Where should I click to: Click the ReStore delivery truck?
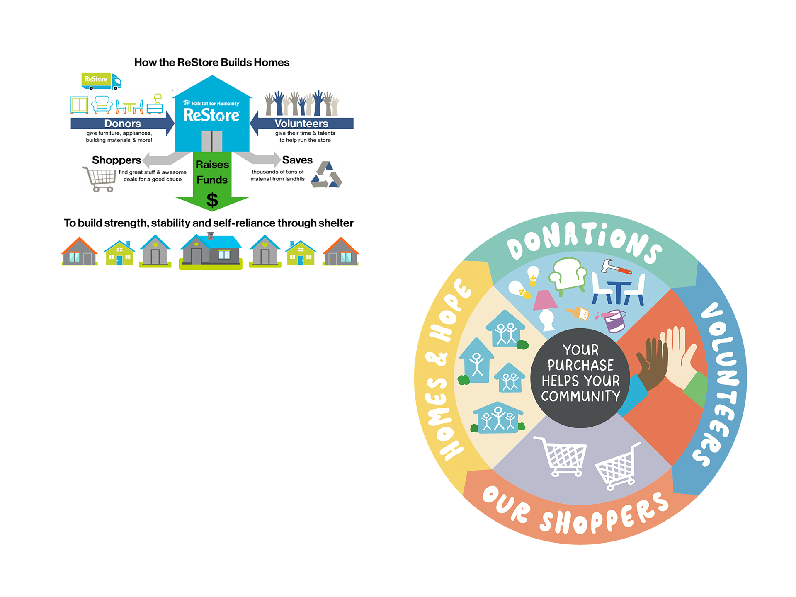101,81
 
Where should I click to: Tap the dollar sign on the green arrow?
212,200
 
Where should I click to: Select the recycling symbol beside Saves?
327,175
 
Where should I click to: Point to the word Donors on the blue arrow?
122,124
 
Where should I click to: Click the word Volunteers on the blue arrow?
301,124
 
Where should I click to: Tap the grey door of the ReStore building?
212,141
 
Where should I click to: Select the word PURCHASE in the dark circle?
580,365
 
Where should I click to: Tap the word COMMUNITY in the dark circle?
580,396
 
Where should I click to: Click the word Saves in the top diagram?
297,160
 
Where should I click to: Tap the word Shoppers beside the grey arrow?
116,160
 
